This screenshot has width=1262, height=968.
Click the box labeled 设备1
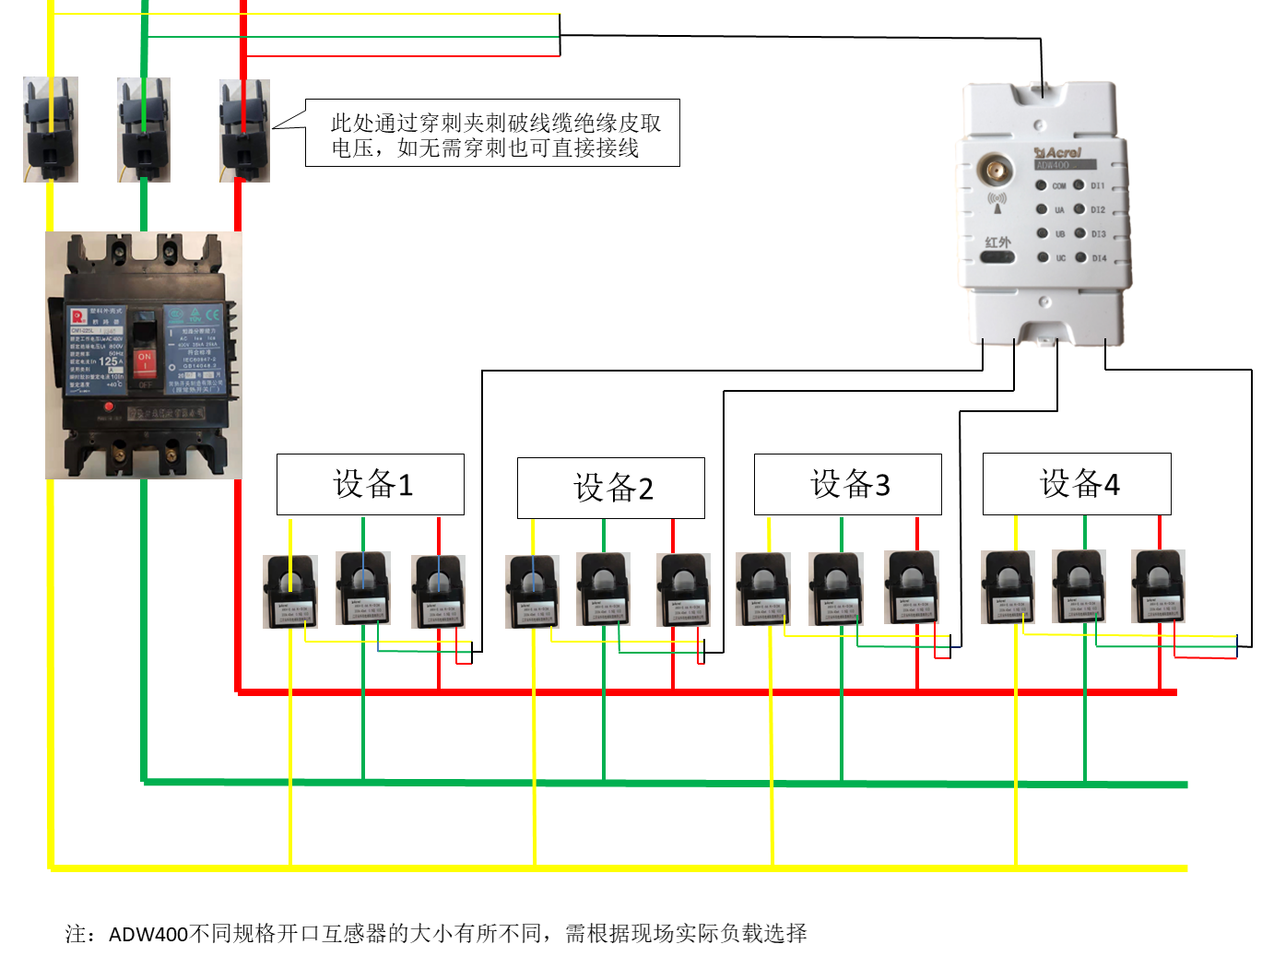[371, 484]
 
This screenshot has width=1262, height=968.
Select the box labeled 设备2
[611, 488]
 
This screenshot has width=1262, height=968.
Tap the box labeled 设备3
[848, 484]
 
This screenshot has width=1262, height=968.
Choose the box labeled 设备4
[1077, 483]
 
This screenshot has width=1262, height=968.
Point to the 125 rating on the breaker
[109, 361]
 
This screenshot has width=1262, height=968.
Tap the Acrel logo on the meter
[1059, 152]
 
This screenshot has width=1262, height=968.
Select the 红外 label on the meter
[997, 242]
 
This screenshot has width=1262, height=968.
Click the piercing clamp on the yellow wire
[51, 129]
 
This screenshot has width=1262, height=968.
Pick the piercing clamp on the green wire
[144, 129]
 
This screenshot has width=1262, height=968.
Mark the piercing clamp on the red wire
[244, 130]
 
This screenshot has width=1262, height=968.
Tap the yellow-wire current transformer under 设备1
[290, 591]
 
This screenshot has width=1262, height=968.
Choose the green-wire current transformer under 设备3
[836, 588]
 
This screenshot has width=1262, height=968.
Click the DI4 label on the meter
[1099, 258]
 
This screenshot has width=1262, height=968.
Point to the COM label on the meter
[1059, 186]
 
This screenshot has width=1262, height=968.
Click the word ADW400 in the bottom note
[148, 934]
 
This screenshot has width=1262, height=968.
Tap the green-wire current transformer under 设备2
[604, 588]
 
